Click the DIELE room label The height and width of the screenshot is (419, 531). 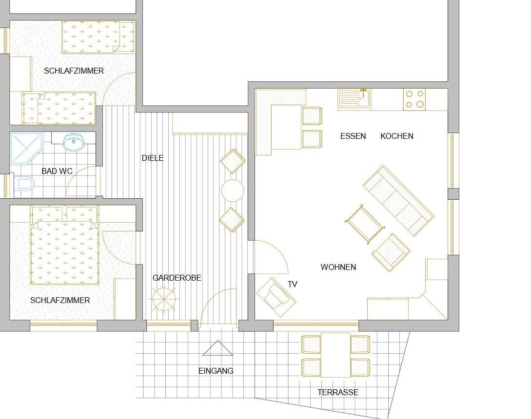pos(153,158)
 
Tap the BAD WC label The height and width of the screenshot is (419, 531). pos(57,171)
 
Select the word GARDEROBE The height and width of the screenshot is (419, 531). pos(177,278)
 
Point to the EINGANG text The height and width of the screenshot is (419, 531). pos(216,371)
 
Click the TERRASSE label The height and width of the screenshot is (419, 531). pos(337,392)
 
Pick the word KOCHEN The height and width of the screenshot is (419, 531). pos(397,136)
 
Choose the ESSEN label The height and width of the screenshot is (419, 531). pos(353,136)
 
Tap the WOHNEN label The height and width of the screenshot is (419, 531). pos(338,267)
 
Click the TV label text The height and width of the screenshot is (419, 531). pos(292,284)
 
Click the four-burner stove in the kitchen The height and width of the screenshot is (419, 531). pos(414,99)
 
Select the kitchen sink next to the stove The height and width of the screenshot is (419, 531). pos(354,99)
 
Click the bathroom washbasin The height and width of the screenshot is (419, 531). pos(74,142)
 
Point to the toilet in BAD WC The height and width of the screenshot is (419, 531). pos(24,184)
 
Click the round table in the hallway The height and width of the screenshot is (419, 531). pos(232,190)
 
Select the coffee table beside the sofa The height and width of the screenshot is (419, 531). pos(365,224)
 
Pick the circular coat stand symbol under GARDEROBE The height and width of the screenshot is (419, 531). pos(164,299)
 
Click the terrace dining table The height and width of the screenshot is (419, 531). pos(335,355)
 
